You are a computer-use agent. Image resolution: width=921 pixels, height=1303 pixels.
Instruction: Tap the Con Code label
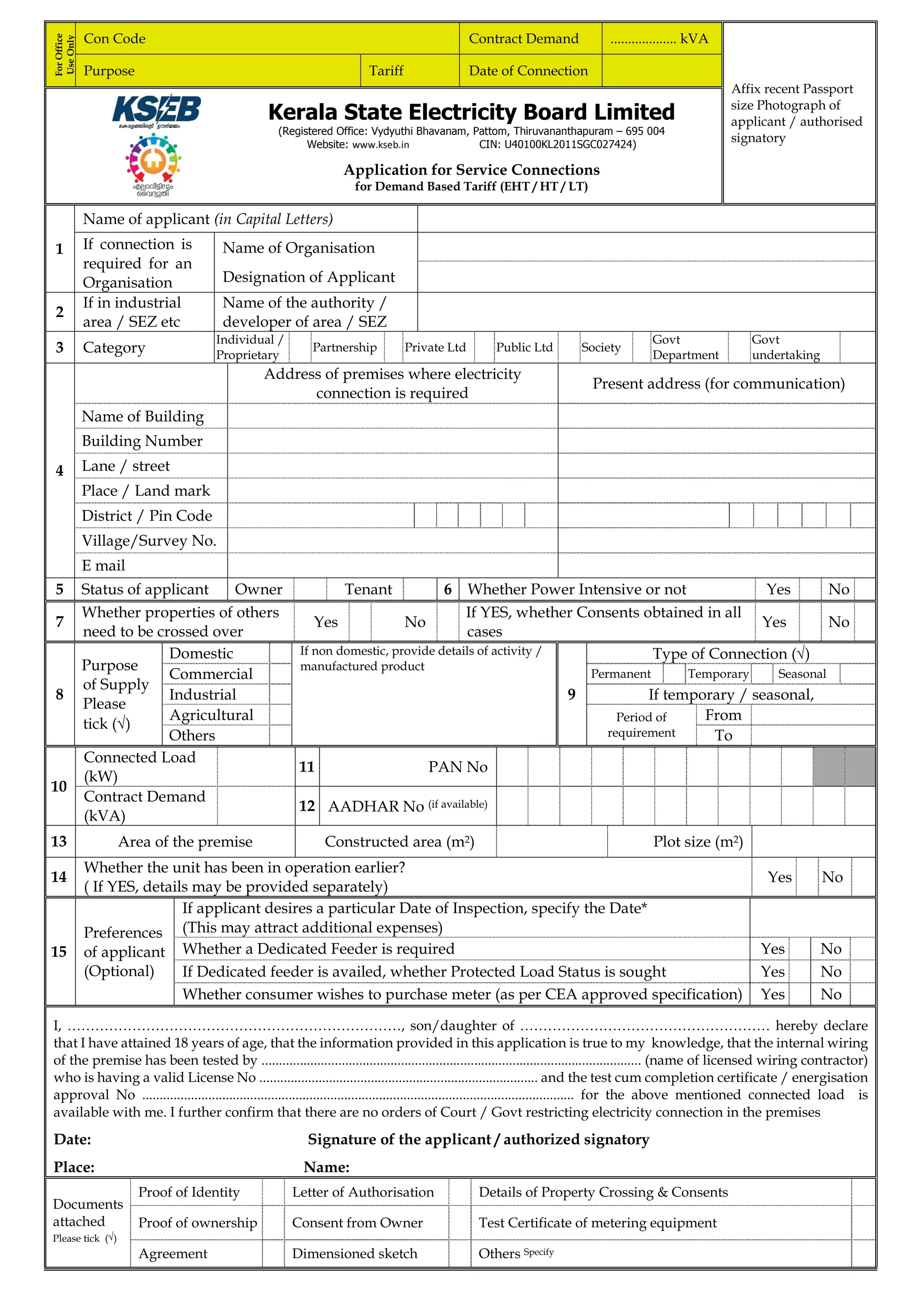coord(114,39)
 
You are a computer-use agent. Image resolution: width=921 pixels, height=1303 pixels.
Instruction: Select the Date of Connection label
coord(528,71)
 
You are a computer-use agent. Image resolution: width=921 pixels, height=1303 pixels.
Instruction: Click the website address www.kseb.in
coord(380,145)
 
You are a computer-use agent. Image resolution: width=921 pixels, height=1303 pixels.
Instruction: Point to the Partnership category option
coord(344,347)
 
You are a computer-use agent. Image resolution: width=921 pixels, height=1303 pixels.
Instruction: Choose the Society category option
coord(600,347)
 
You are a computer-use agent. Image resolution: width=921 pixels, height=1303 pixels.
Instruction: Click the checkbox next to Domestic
coord(280,653)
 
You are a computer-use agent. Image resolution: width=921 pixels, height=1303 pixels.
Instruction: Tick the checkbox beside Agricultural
coord(280,714)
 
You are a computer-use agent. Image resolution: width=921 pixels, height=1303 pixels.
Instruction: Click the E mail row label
coord(103,565)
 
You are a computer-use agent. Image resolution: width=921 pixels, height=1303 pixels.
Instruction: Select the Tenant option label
coord(368,589)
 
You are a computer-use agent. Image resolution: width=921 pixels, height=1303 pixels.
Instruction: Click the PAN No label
coord(457,767)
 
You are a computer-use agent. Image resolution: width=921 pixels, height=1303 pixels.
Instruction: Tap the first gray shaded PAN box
coord(828,767)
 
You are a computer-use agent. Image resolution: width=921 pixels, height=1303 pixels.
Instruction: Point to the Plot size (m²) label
coord(697,841)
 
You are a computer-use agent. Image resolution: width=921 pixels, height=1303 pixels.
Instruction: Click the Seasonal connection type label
coord(801,674)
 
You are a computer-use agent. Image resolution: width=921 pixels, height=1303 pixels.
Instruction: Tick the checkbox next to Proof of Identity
coord(273,1192)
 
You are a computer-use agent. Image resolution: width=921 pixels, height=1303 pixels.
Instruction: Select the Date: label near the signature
coord(72,1139)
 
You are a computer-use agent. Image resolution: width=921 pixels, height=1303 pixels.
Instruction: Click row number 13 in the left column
coord(59,841)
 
